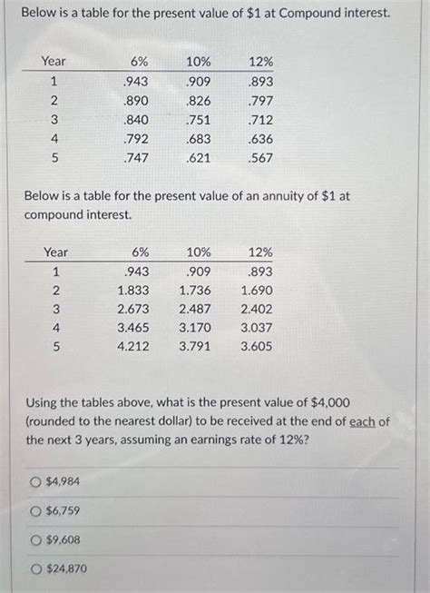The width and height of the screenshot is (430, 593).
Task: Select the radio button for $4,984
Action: (36, 481)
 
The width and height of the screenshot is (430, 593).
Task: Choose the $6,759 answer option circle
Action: (36, 510)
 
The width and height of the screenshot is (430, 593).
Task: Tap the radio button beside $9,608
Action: (36, 539)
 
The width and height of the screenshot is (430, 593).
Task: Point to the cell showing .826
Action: (198, 99)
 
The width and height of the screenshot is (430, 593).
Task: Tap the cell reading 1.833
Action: (133, 290)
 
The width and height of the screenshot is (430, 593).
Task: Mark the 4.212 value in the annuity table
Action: (133, 346)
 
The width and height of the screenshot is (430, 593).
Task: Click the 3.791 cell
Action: (196, 346)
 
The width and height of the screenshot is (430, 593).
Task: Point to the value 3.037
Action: (256, 327)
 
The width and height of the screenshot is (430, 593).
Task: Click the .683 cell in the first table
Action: (198, 138)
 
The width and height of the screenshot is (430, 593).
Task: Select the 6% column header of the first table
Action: (138, 61)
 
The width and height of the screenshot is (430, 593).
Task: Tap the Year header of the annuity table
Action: (55, 252)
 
